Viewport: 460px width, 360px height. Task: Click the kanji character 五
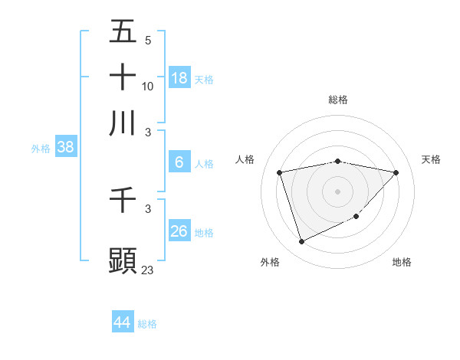[123, 32]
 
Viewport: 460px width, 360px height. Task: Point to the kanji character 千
[123, 201]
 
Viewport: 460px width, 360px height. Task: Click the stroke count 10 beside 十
[148, 87]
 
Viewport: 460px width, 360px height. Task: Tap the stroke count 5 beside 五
[148, 41]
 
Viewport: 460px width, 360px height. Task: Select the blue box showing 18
[179, 77]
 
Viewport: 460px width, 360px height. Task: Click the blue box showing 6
[179, 162]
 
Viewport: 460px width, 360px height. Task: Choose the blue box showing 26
[179, 231]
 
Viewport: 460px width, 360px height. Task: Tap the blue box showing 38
[65, 148]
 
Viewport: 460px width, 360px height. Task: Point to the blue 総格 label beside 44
[147, 324]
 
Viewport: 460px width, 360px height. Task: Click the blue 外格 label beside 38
[41, 149]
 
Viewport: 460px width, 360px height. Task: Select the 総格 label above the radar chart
[337, 100]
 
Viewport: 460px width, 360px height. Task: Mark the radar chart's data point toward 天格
[396, 172]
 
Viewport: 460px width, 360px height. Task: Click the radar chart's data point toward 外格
[301, 242]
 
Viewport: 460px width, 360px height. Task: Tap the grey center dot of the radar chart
[337, 191]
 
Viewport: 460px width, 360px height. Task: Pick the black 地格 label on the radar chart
[402, 262]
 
